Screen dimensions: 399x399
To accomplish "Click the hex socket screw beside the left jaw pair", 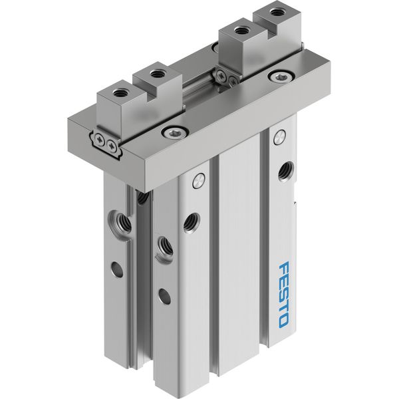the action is (175, 132).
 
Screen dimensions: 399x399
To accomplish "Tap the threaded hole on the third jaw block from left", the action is (239, 31).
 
